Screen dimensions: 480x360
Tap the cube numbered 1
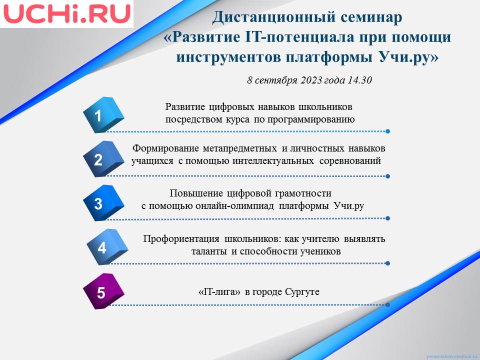(x=103, y=115)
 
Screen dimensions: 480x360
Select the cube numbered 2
(x=103, y=159)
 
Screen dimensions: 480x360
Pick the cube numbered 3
(x=103, y=203)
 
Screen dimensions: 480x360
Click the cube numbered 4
(x=107, y=247)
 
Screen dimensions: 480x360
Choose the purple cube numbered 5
(x=103, y=291)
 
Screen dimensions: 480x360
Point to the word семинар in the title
(x=371, y=18)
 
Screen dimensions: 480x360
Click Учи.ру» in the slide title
(x=408, y=57)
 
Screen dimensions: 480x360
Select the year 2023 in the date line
(x=311, y=80)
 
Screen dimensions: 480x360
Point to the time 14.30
(x=360, y=80)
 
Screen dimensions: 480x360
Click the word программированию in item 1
(x=311, y=119)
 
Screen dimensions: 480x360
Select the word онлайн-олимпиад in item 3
(x=234, y=205)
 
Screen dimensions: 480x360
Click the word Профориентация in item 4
(x=181, y=239)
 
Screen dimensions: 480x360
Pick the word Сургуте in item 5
(x=302, y=292)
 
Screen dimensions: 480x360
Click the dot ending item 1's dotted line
(x=387, y=131)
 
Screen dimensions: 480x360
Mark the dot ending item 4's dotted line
(x=387, y=263)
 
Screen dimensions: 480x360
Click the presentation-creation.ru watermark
(x=452, y=356)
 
